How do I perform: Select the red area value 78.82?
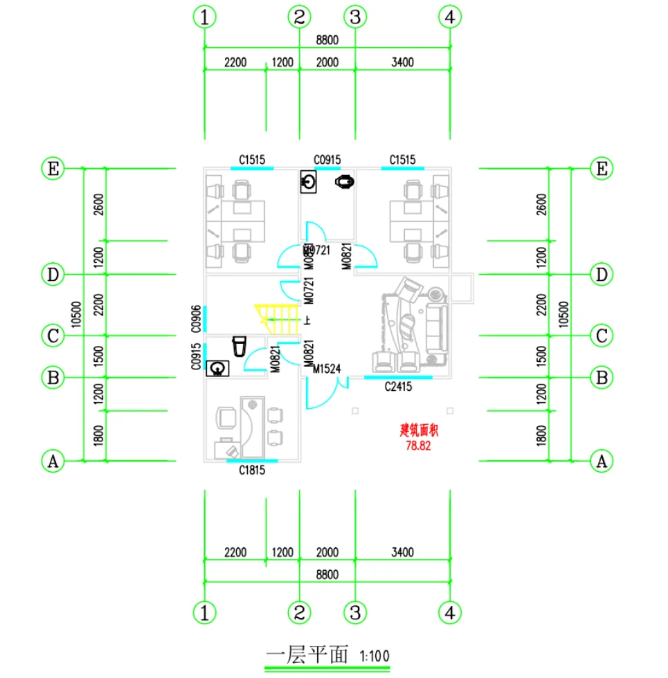pos(419,446)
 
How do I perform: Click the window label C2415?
pos(399,387)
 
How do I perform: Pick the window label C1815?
pos(253,470)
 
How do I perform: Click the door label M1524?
pos(327,369)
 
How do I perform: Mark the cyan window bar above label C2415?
pos(399,378)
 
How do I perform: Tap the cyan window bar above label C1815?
pos(253,461)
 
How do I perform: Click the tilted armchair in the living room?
pos(407,288)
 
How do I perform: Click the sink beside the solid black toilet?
pos(309,183)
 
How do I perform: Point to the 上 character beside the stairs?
pos(307,320)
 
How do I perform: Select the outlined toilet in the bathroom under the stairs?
pos(240,345)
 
